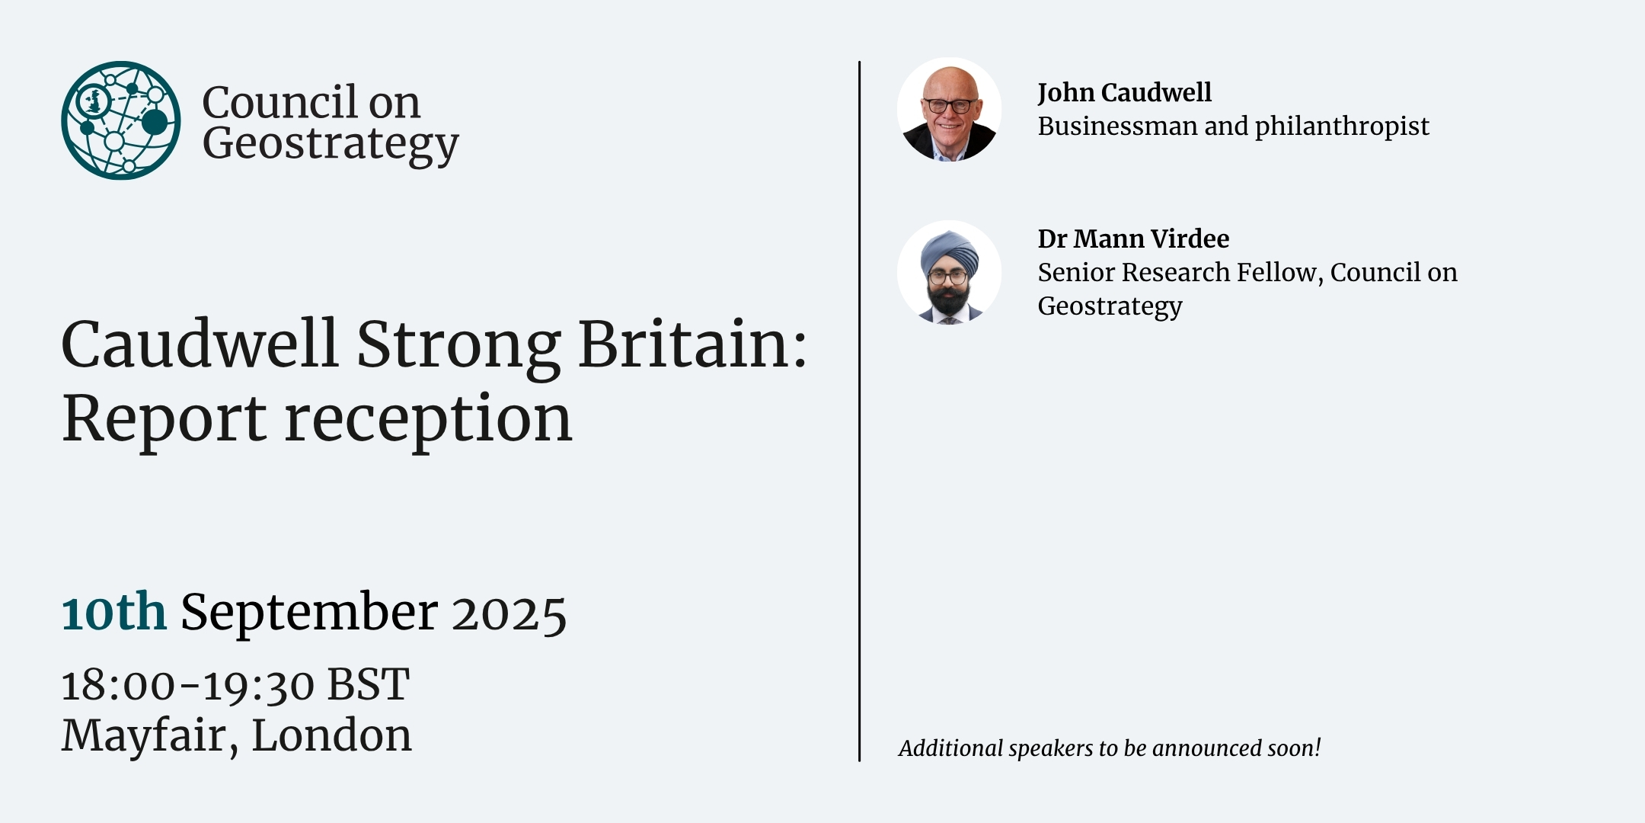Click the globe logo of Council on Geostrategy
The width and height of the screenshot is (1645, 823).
pyautogui.click(x=121, y=120)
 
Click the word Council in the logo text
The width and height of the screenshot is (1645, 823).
pyautogui.click(x=279, y=102)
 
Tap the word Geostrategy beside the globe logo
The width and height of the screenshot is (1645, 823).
pyautogui.click(x=331, y=145)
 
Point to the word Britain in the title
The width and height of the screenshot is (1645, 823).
pyautogui.click(x=692, y=344)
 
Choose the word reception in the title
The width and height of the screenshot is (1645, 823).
pyautogui.click(x=427, y=421)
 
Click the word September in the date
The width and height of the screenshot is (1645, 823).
pyautogui.click(x=309, y=613)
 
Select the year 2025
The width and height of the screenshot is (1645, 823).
pyautogui.click(x=509, y=614)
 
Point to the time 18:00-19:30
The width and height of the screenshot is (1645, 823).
pyautogui.click(x=187, y=685)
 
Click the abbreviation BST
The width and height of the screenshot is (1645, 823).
pyautogui.click(x=369, y=684)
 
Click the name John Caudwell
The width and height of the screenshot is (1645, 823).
pyautogui.click(x=1124, y=93)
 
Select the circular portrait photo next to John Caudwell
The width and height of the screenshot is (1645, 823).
pyautogui.click(x=949, y=110)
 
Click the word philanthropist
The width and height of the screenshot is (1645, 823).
pyautogui.click(x=1342, y=126)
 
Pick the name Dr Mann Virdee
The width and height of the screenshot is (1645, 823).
pyautogui.click(x=1133, y=239)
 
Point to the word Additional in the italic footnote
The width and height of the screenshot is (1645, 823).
pyautogui.click(x=950, y=748)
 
